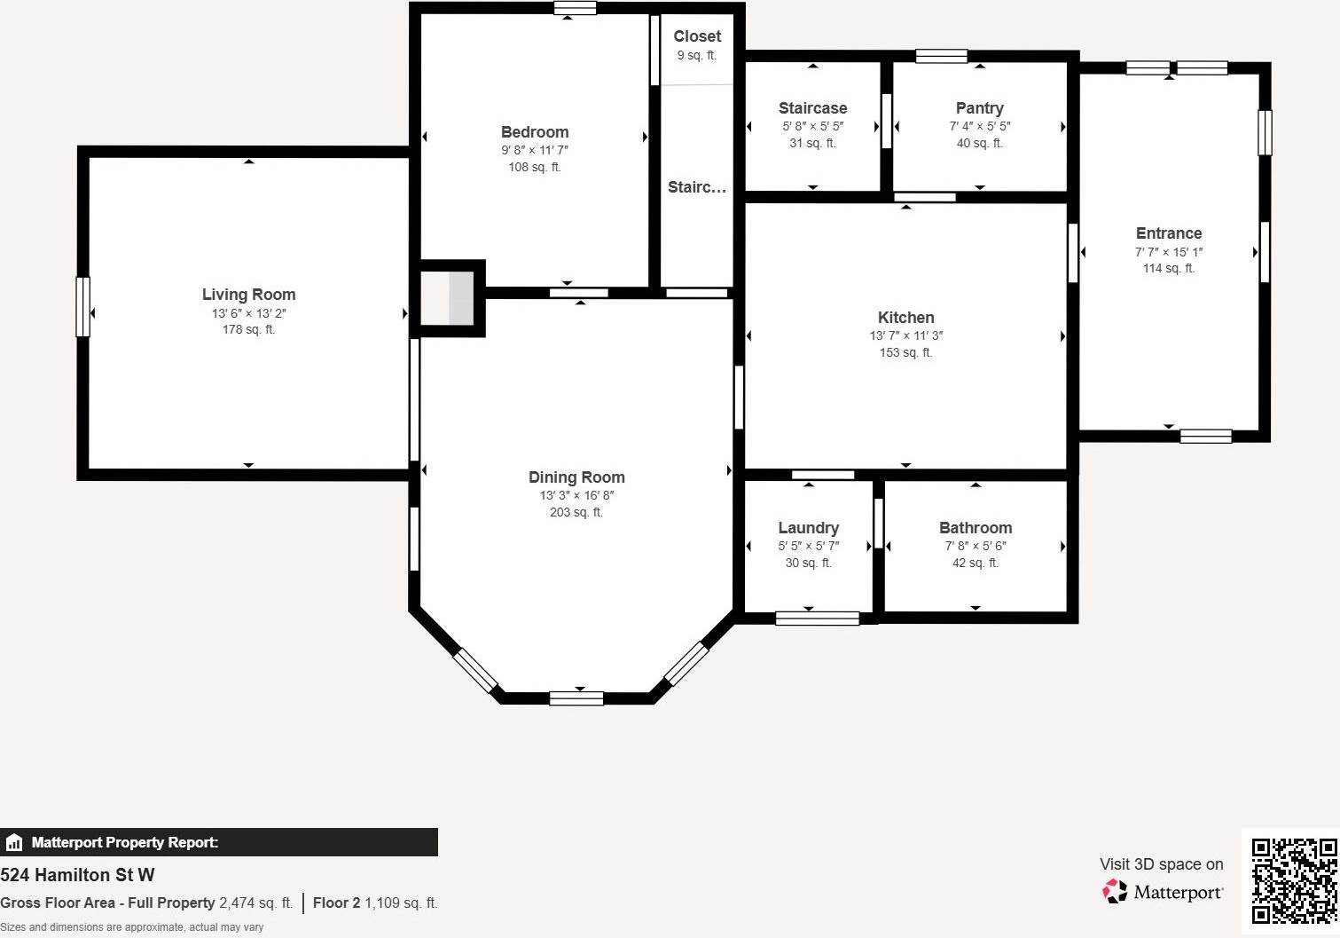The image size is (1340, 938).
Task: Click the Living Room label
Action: (248, 295)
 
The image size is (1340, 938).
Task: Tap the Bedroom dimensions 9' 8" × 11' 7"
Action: (534, 150)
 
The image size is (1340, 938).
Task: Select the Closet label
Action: (697, 36)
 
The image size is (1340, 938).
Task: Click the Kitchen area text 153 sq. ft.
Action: (905, 352)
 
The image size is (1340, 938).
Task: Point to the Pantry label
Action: (979, 108)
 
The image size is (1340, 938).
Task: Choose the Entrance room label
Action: (1168, 233)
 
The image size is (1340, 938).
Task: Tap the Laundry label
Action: (808, 528)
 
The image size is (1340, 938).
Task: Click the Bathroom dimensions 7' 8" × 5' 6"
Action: (975, 546)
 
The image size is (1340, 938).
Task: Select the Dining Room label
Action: (576, 477)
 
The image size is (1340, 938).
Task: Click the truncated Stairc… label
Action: (697, 187)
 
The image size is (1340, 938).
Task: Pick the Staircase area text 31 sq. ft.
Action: (812, 143)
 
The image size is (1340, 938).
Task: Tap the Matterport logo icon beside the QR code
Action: (1115, 891)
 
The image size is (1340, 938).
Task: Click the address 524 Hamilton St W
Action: (78, 875)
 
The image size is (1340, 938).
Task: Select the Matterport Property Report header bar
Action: (218, 842)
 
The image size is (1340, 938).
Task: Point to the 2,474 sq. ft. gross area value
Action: (255, 903)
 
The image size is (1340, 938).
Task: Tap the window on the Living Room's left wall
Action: (82, 307)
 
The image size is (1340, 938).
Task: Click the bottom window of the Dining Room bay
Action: (576, 698)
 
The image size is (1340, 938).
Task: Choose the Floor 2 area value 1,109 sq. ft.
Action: (401, 903)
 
